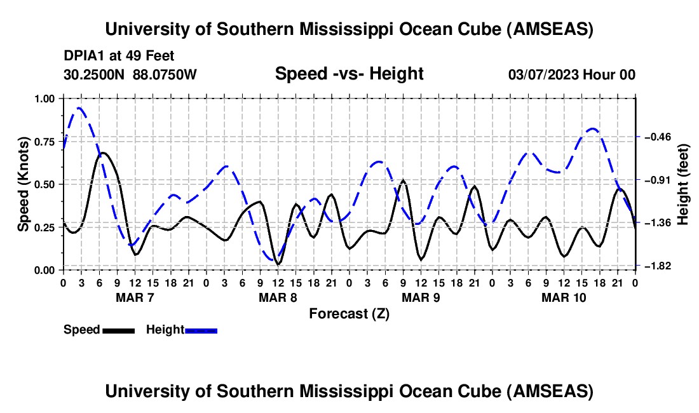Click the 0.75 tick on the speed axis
click(45, 141)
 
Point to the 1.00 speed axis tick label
click(45, 98)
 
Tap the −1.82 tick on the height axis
click(655, 266)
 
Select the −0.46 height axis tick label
click(655, 137)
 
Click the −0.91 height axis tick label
click(655, 180)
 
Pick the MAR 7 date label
click(134, 297)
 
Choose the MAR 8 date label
click(277, 297)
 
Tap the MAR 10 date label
click(563, 297)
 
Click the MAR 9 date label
click(420, 297)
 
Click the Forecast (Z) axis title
click(349, 313)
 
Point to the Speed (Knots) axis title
click(24, 184)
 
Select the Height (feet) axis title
click(684, 184)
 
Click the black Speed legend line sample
click(118, 330)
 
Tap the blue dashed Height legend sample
click(201, 330)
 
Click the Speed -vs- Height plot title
click(349, 74)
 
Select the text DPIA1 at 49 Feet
click(119, 56)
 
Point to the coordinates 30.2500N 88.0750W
click(130, 75)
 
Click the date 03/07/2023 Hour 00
click(571, 75)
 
